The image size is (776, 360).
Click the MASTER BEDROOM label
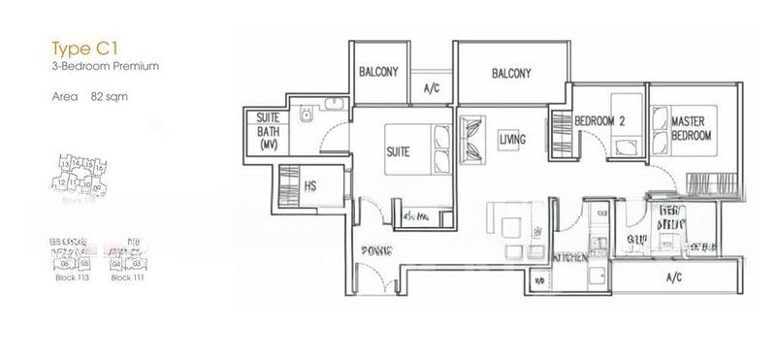pos(693,129)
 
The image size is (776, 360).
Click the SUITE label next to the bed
pos(398,152)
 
